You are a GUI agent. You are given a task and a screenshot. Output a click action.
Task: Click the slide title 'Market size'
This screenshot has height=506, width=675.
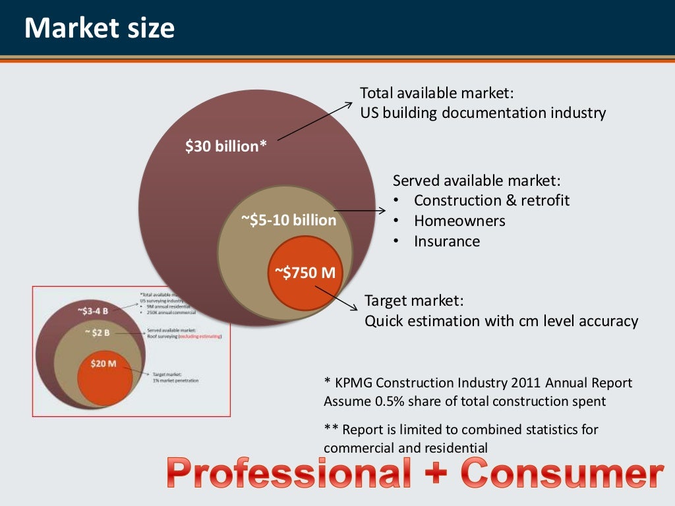(100, 28)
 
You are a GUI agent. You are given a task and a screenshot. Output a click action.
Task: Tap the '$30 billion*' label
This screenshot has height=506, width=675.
(226, 146)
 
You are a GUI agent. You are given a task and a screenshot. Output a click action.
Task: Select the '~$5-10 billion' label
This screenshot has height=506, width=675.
(288, 220)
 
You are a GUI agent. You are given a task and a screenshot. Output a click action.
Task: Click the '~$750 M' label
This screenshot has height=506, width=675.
(305, 272)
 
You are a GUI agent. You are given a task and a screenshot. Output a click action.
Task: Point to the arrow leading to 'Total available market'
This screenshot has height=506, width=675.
(316, 121)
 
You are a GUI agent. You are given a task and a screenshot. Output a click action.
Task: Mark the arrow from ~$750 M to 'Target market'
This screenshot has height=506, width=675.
(338, 297)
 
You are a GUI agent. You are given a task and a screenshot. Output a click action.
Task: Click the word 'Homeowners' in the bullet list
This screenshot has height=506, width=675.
(459, 221)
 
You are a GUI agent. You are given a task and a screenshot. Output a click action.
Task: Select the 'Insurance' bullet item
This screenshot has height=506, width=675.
(447, 241)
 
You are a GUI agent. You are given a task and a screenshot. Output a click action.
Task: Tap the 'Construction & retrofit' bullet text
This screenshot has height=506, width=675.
(492, 200)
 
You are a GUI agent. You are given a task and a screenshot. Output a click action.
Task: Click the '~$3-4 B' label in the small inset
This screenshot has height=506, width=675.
(92, 310)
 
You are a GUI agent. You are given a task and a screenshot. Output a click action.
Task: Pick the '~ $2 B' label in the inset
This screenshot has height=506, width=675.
(98, 333)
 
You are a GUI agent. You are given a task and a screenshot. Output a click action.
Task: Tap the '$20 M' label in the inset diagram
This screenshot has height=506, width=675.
(103, 363)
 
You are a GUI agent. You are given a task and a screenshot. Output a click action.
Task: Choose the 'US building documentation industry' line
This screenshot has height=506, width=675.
(483, 113)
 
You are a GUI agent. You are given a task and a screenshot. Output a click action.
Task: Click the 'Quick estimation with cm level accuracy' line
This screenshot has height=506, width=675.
(501, 321)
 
